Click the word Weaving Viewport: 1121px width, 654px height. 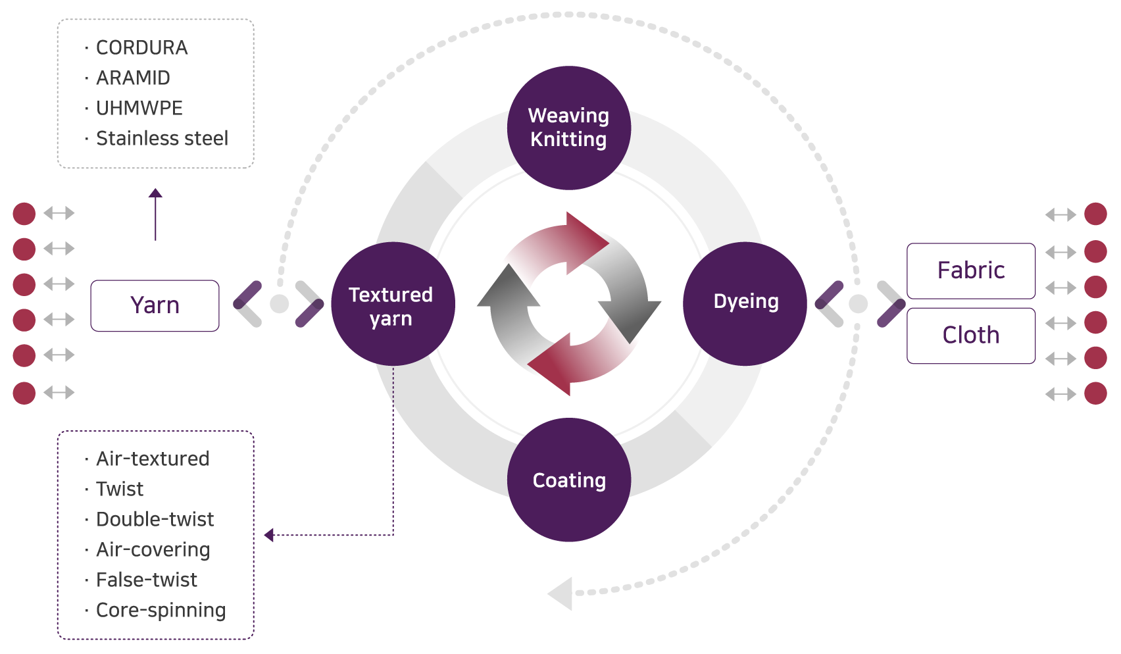pyautogui.click(x=568, y=116)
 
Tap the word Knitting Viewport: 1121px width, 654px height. pyautogui.click(x=568, y=139)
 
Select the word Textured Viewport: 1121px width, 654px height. pyautogui.click(x=391, y=295)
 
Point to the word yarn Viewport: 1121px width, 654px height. pyautogui.click(x=391, y=319)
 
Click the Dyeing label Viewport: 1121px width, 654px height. pyautogui.click(x=746, y=301)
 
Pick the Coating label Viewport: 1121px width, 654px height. pyautogui.click(x=569, y=480)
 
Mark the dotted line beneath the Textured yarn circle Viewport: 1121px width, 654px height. pyautogui.click(x=393, y=385)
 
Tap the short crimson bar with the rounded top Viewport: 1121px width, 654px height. pyautogui.click(x=26, y=303)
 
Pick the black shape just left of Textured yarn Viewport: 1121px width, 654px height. pyautogui.click(x=305, y=284)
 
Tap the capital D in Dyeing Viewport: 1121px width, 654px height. pyautogui.click(x=720, y=301)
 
